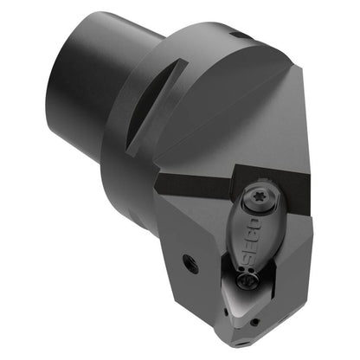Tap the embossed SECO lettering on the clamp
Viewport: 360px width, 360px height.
point(252,242)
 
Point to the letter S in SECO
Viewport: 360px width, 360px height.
point(250,260)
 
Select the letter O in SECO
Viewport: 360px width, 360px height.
point(254,225)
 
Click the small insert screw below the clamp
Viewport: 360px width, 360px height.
point(247,280)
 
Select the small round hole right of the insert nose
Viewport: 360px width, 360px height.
point(254,322)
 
